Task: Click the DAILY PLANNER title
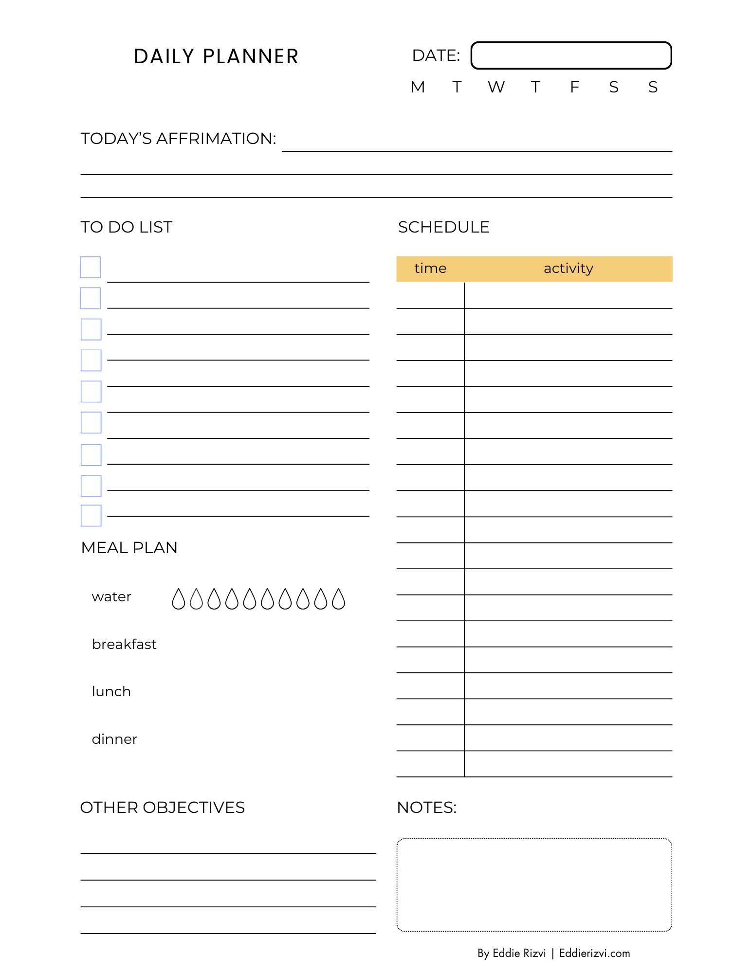click(x=216, y=56)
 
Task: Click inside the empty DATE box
click(x=571, y=55)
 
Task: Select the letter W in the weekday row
click(x=496, y=87)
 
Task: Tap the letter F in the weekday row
click(x=574, y=87)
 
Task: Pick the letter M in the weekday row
click(x=418, y=87)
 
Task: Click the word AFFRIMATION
click(x=216, y=139)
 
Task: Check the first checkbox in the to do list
click(x=90, y=267)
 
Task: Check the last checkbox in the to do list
click(x=91, y=516)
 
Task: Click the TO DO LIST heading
click(x=127, y=227)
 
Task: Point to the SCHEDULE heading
click(x=443, y=227)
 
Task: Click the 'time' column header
click(x=430, y=269)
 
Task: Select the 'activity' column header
click(x=568, y=269)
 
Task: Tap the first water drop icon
click(x=179, y=599)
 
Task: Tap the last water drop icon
click(x=338, y=599)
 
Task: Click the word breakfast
click(x=124, y=644)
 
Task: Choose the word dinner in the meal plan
click(x=114, y=739)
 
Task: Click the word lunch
click(x=111, y=691)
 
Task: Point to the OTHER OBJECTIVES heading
click(x=163, y=808)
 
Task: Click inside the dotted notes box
click(x=534, y=884)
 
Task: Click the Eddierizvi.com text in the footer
click(x=594, y=953)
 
